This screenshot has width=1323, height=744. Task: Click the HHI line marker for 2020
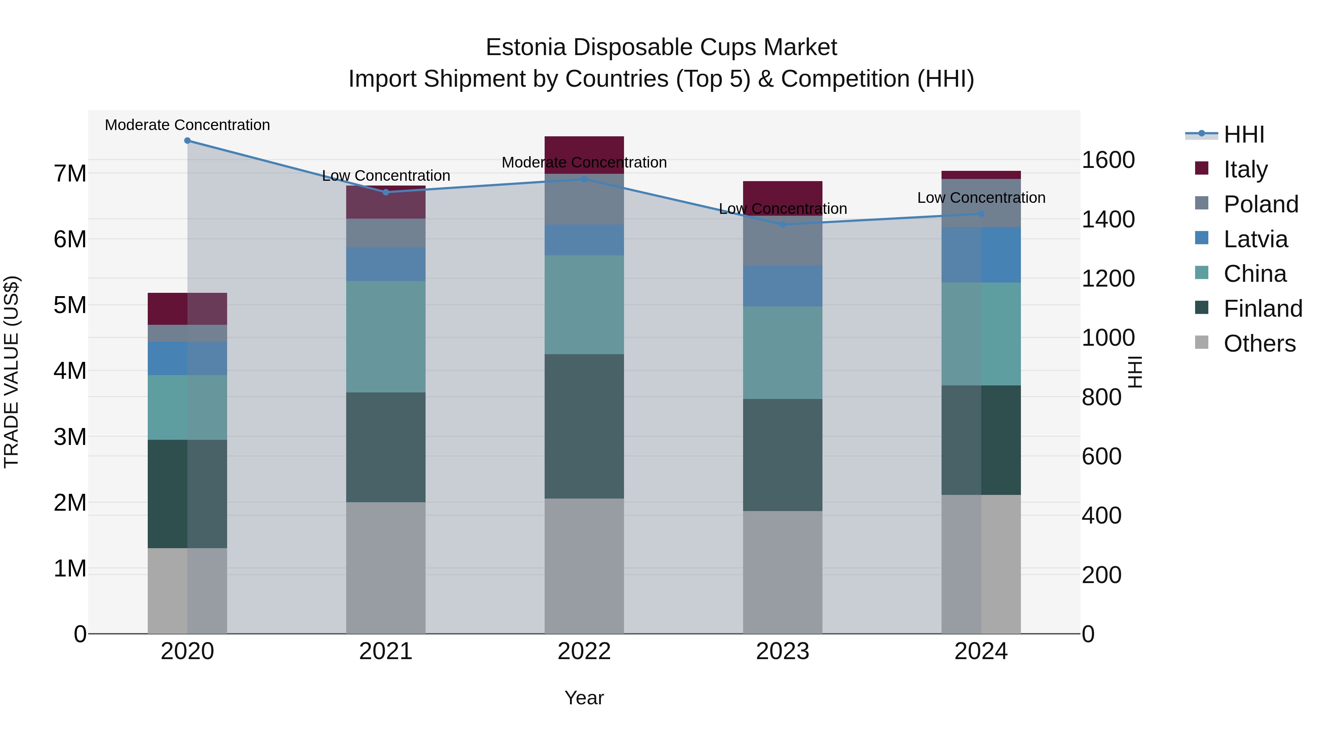point(187,141)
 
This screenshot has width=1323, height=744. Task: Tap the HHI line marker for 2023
point(783,224)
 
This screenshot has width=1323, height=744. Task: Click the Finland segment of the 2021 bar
point(386,447)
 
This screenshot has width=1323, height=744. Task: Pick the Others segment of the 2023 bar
point(783,572)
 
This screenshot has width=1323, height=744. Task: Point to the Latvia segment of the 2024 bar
point(981,255)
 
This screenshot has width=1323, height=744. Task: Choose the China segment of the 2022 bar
point(584,305)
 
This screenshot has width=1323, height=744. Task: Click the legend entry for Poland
point(1261,204)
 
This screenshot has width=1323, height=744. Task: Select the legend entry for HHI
point(1243,134)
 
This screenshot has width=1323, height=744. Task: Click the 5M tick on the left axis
point(70,305)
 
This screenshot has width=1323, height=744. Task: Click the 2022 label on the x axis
point(584,651)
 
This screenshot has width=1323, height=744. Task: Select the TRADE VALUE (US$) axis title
point(11,372)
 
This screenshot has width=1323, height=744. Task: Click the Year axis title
point(584,698)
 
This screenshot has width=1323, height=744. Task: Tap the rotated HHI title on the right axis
point(1135,372)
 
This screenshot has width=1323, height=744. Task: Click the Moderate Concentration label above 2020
point(187,125)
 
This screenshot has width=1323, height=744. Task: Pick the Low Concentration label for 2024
point(981,198)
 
